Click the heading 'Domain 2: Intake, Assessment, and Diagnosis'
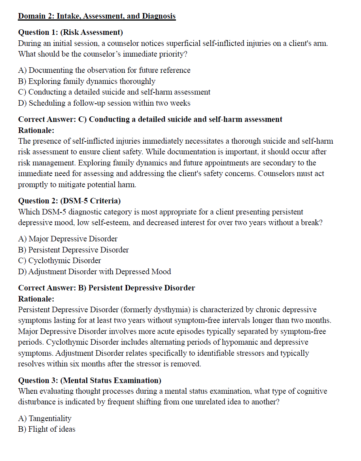tap(97, 16)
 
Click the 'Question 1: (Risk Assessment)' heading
tap(70, 32)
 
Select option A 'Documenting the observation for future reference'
tap(104, 70)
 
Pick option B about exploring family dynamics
tap(87, 81)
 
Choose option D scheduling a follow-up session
tap(104, 103)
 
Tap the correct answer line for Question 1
tap(150, 119)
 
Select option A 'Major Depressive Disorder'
tap(68, 239)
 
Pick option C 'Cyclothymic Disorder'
tap(59, 260)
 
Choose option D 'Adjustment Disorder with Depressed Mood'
tap(95, 271)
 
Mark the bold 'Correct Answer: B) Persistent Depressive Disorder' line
tap(107, 288)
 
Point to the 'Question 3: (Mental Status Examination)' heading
tap(90, 380)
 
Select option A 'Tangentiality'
tap(45, 418)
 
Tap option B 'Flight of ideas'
tap(47, 429)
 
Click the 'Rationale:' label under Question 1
tap(36, 130)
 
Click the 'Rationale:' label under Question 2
tap(36, 299)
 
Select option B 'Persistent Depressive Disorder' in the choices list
tap(74, 250)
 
